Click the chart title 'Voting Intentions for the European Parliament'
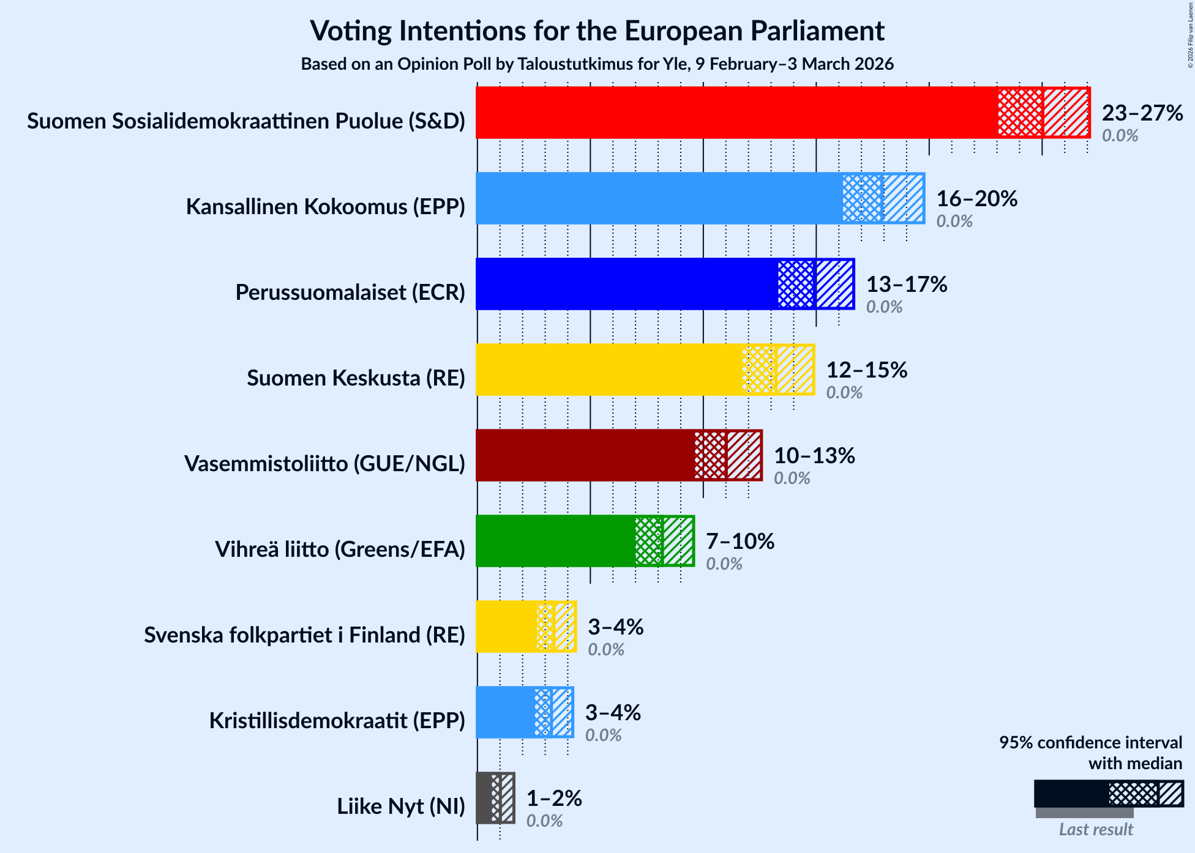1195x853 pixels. (597, 31)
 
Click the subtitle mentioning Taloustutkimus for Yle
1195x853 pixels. (597, 64)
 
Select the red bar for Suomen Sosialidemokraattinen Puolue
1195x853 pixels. (735, 113)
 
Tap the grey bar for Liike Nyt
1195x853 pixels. (484, 798)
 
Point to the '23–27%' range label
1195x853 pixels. (1142, 113)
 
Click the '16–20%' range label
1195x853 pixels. (976, 199)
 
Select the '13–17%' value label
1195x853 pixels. (906, 285)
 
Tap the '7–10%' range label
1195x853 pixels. (740, 542)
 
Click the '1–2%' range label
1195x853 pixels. (554, 799)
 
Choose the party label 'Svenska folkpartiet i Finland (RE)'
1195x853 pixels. (304, 635)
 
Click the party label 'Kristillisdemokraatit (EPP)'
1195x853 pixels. (337, 721)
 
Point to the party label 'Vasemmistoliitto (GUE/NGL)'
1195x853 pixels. (324, 464)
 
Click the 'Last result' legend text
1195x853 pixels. (1096, 830)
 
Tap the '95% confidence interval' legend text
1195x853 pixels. (1090, 743)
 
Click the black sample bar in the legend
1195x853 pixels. (1071, 794)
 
